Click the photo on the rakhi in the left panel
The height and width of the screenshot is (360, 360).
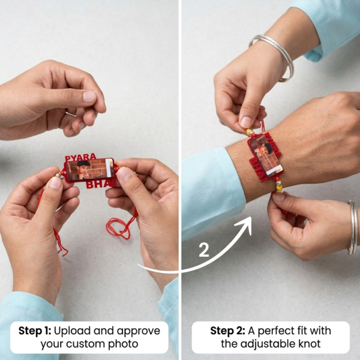click(x=88, y=170)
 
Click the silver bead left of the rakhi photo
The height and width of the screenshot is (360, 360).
click(x=60, y=175)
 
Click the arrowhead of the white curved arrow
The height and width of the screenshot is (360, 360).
click(x=246, y=224)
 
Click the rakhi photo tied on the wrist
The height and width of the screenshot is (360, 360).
click(x=263, y=154)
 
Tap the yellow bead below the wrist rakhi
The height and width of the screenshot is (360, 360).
click(x=278, y=187)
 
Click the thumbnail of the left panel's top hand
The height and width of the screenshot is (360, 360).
click(x=89, y=96)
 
